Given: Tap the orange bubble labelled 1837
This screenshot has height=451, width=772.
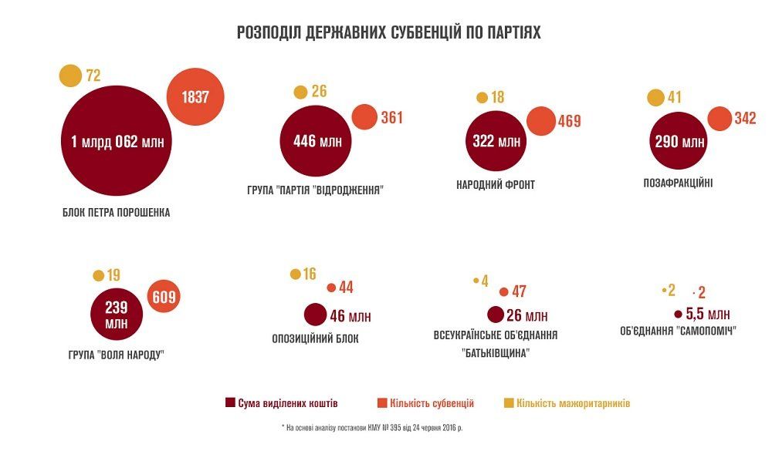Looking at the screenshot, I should tap(196, 97).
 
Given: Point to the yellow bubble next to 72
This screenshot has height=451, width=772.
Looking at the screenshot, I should tap(70, 75).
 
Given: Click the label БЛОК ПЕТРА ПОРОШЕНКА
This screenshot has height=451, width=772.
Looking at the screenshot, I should tap(117, 213).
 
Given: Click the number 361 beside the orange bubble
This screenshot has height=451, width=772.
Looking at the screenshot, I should tap(392, 118).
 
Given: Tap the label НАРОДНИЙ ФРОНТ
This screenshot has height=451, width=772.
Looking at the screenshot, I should tap(496, 185).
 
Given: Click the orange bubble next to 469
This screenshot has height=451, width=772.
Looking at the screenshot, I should tap(541, 121).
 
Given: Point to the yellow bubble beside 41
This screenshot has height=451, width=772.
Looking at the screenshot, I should tap(655, 98).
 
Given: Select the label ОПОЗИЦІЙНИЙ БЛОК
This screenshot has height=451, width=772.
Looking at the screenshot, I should tap(316, 338).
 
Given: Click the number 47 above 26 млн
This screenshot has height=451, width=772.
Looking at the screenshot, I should tap(519, 292).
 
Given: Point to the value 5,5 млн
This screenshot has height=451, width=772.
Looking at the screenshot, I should tap(707, 314).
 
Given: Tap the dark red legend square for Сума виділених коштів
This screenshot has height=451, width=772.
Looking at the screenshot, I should tap(229, 403).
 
